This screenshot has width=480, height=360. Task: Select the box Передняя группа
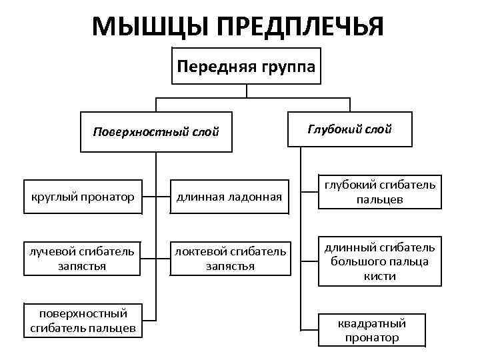click(x=247, y=66)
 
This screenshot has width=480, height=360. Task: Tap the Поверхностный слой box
click(x=156, y=131)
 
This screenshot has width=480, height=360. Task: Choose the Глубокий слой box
click(x=349, y=129)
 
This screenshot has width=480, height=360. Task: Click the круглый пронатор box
click(x=83, y=197)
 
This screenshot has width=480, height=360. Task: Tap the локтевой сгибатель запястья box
click(x=229, y=259)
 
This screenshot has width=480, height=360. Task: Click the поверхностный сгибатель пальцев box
click(x=83, y=320)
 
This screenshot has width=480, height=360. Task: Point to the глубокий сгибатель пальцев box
click(x=379, y=191)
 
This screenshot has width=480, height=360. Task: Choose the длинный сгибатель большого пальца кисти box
click(x=379, y=261)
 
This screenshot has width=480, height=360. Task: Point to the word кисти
click(x=380, y=275)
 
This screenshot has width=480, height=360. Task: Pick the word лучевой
click(x=51, y=252)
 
